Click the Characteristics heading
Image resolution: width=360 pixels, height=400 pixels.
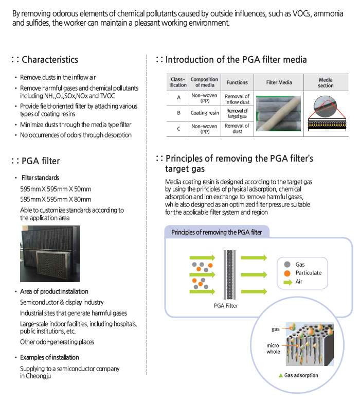click(x=50, y=60)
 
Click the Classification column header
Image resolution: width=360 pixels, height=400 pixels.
click(x=178, y=82)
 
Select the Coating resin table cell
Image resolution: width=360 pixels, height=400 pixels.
click(x=205, y=113)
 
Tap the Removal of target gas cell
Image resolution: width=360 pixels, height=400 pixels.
click(x=237, y=113)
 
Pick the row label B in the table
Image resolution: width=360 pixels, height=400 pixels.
click(x=178, y=113)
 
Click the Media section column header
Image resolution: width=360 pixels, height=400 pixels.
click(x=326, y=82)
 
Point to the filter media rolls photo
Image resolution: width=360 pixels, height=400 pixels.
click(x=278, y=114)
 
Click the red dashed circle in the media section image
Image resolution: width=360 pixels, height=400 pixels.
click(x=328, y=105)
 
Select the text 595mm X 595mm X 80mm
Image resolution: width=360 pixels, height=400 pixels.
click(x=56, y=199)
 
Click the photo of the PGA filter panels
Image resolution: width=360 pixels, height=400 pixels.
click(x=50, y=254)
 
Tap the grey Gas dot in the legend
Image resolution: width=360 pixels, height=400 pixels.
click(x=287, y=265)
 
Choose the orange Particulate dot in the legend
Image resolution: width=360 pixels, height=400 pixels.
click(x=287, y=273)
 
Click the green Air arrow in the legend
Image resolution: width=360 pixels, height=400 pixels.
click(x=288, y=282)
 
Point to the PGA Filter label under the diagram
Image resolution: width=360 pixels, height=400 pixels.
click(x=226, y=306)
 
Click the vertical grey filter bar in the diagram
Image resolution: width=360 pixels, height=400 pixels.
click(x=229, y=275)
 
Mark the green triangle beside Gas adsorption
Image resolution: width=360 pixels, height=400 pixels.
click(x=281, y=375)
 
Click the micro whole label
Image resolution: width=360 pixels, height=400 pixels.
click(x=273, y=349)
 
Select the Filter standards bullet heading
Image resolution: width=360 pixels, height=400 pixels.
click(x=40, y=178)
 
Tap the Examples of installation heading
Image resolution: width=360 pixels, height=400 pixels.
click(x=49, y=357)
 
